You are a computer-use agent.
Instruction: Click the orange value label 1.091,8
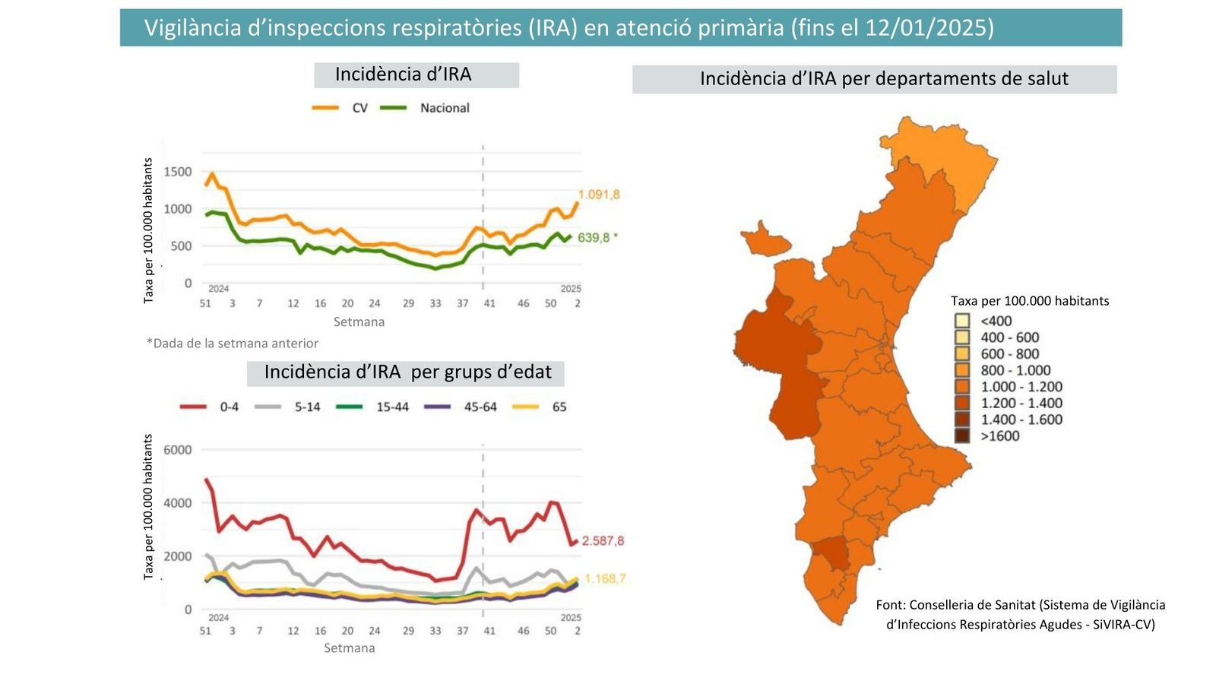coord(598,195)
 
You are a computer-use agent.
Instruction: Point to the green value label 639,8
coord(594,238)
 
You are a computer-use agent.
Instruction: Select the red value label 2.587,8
coord(603,541)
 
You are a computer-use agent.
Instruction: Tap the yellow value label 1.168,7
coord(605,579)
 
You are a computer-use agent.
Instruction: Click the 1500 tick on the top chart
coord(178,172)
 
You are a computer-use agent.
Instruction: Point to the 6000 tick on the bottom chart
coord(178,450)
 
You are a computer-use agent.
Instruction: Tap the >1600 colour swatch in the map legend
coord(962,436)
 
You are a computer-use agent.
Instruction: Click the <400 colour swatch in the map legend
coord(962,321)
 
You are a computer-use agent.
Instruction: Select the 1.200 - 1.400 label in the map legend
coord(1021,404)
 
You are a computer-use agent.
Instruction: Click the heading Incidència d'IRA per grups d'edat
coord(407,372)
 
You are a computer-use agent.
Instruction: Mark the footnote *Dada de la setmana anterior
coord(232,344)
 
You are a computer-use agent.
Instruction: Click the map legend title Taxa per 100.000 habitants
coord(1029,301)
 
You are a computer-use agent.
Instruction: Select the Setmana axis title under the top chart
coord(359,322)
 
